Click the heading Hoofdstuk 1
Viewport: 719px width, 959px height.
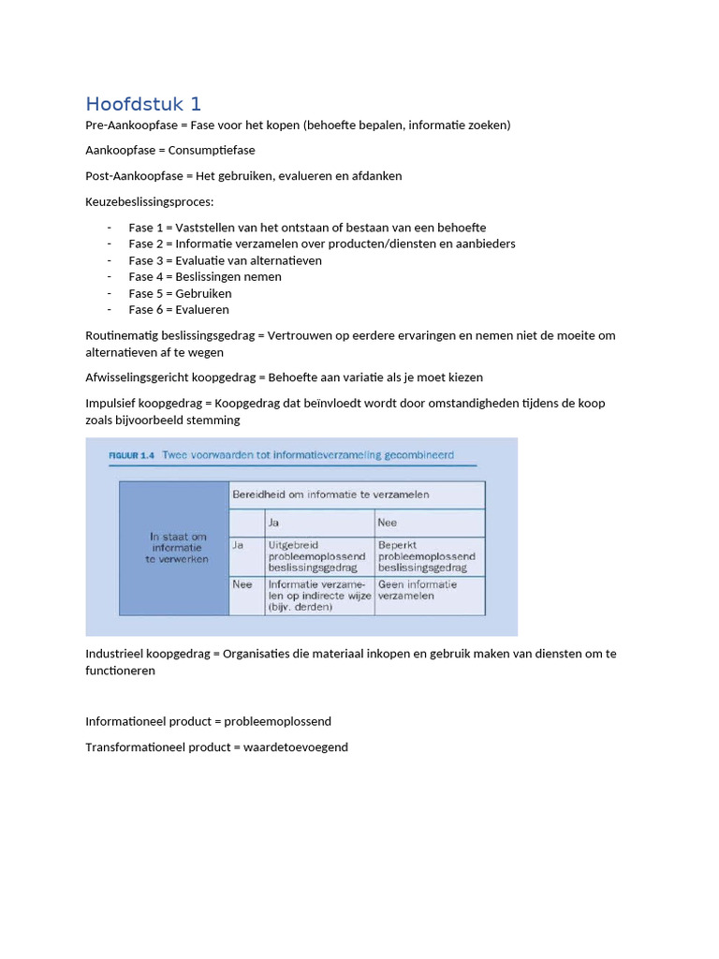point(143,104)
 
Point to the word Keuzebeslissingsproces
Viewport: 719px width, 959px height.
point(148,201)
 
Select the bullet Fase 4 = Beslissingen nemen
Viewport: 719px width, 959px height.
point(205,276)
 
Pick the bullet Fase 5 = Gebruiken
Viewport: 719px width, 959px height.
point(180,293)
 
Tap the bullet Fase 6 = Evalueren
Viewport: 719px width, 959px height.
point(179,309)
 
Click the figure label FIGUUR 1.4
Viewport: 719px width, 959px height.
point(123,455)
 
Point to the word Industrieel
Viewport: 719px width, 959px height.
point(116,654)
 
